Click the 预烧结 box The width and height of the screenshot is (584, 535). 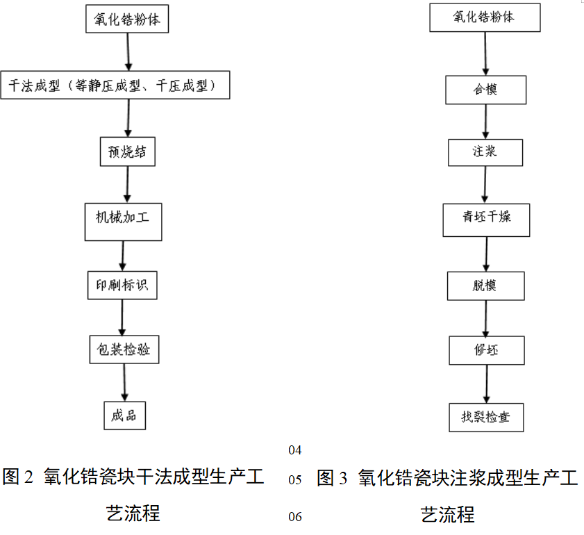(x=127, y=151)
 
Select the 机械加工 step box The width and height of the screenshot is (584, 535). (x=124, y=221)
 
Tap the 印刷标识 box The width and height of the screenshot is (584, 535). (x=122, y=285)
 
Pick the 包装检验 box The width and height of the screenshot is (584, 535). (x=124, y=349)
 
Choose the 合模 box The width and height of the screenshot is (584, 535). (x=485, y=90)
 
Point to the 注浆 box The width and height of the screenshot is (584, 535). (x=485, y=151)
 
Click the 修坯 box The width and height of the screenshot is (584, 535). (x=486, y=350)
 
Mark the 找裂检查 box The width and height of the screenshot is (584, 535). (x=485, y=417)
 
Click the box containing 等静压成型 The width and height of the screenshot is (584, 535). (x=115, y=85)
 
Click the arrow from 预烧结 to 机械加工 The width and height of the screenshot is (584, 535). (x=128, y=184)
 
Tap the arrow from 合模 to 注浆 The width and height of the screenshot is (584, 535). (x=485, y=122)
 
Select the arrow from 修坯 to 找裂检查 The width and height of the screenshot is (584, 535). (x=486, y=384)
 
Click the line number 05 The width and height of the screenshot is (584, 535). (x=295, y=480)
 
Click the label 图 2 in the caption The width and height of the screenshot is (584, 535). (x=19, y=478)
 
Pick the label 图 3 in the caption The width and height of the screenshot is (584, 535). (x=332, y=478)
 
